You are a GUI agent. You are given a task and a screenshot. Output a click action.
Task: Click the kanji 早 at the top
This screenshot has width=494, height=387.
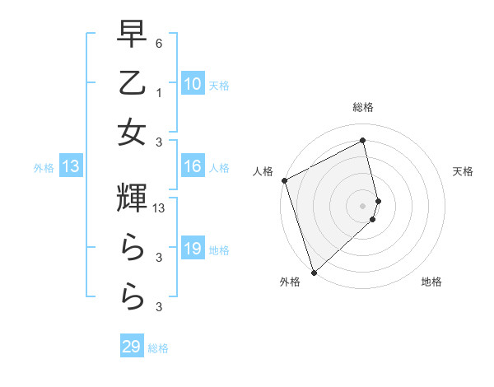click(132, 35)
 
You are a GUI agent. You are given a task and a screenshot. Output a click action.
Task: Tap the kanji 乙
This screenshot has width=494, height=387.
click(132, 83)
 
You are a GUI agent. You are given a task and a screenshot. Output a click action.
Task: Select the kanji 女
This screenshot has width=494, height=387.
click(132, 133)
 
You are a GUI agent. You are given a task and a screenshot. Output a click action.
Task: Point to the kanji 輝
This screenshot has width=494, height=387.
click(132, 198)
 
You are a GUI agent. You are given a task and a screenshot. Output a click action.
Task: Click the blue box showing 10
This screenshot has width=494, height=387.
click(192, 84)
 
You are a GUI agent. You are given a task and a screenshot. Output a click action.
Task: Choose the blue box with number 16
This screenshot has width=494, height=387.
click(192, 167)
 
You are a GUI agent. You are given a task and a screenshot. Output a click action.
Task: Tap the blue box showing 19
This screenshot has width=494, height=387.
click(192, 249)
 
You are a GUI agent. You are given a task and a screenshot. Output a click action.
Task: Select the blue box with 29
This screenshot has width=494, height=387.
click(132, 347)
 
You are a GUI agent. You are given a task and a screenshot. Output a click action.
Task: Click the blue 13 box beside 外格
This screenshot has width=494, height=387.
click(71, 167)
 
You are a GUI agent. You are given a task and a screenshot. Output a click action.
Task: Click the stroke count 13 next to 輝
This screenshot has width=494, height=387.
click(159, 209)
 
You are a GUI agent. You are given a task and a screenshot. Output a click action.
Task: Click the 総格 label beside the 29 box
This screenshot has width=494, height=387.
click(158, 348)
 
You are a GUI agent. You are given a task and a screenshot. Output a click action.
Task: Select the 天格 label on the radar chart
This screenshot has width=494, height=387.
click(464, 171)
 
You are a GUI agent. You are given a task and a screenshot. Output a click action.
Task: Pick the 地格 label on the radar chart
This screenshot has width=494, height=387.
click(431, 282)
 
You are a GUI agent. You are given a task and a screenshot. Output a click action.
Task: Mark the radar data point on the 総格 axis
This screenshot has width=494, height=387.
click(363, 140)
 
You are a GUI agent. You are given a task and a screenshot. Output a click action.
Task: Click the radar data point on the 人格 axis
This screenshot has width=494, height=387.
click(284, 180)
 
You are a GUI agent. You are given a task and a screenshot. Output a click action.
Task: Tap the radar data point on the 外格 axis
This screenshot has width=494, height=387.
click(314, 272)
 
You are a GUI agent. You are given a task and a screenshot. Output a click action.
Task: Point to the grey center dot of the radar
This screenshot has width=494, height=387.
click(363, 205)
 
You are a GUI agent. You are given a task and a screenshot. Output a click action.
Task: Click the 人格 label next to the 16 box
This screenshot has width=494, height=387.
click(219, 168)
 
